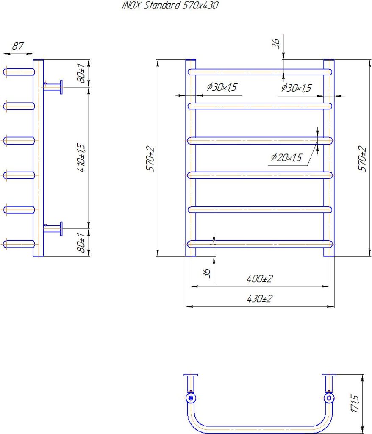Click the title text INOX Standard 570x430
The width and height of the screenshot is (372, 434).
(170, 6)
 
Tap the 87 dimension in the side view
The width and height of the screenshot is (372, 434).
(17, 47)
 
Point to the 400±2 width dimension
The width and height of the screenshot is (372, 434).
(259, 279)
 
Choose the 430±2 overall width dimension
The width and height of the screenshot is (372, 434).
(259, 299)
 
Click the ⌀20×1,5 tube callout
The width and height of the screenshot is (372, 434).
(286, 158)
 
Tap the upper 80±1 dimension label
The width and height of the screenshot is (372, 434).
(81, 73)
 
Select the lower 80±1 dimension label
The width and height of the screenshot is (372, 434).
(81, 243)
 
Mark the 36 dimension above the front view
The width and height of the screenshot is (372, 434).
(276, 43)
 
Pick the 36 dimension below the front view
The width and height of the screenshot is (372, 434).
(207, 273)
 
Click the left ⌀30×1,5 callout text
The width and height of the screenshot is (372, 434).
(222, 88)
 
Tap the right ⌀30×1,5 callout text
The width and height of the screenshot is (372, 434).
(296, 88)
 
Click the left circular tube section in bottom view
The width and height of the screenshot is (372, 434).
(191, 398)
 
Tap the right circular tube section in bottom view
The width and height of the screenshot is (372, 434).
(328, 398)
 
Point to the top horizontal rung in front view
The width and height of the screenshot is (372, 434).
(259, 72)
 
